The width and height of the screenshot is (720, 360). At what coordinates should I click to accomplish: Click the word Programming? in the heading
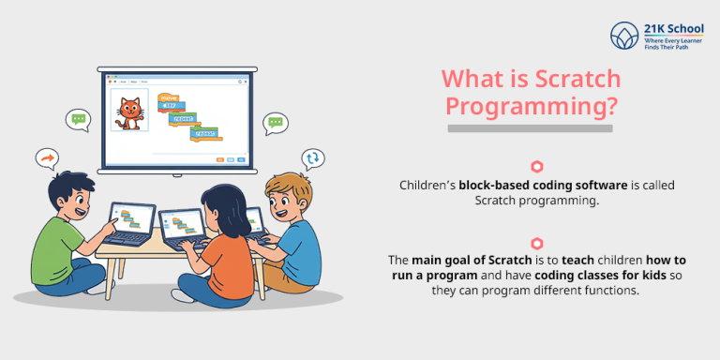pyautogui.click(x=532, y=105)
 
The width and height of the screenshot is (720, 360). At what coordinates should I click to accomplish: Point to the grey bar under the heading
pyautogui.click(x=530, y=127)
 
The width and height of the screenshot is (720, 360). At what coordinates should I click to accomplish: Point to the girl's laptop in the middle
pyautogui.click(x=183, y=227)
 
